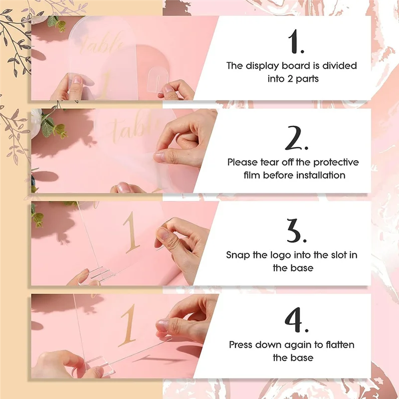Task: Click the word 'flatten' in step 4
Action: click(x=339, y=345)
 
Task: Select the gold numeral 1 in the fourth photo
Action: click(x=129, y=324)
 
